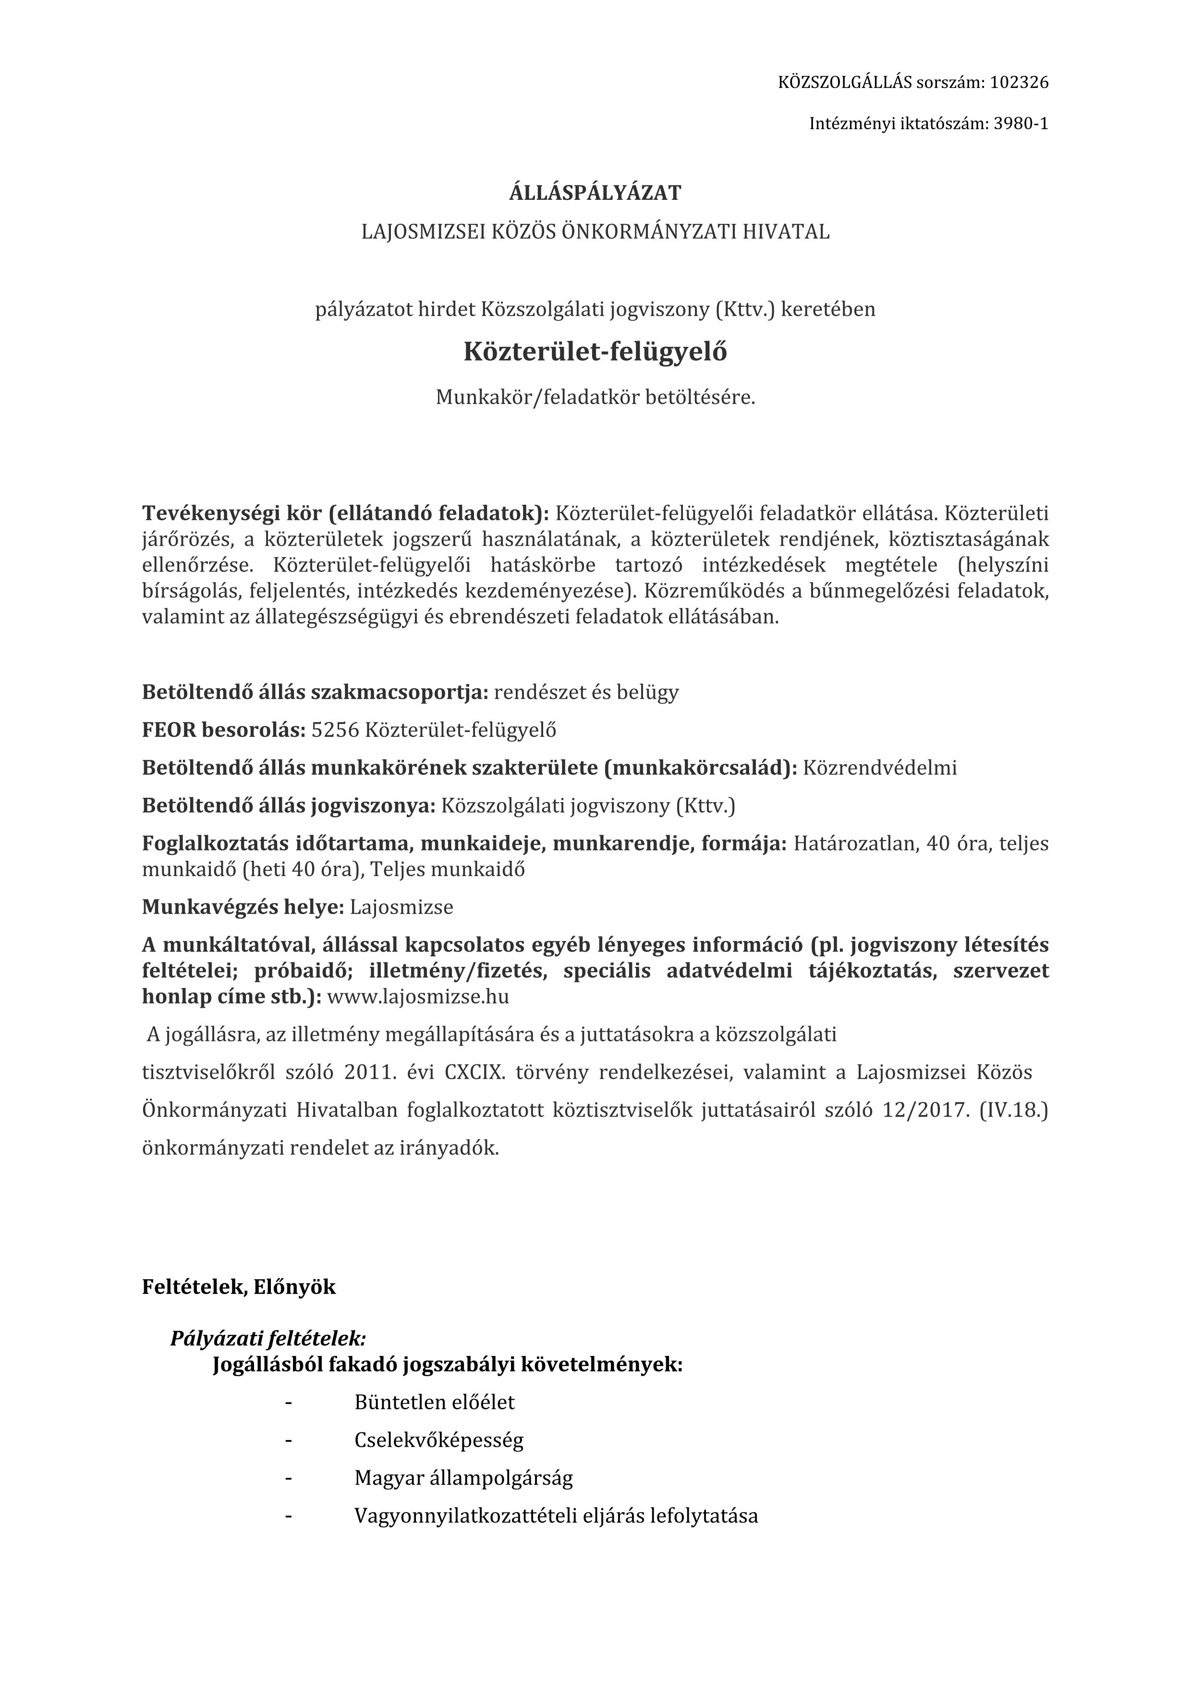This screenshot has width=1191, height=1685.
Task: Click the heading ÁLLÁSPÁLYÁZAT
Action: tap(595, 193)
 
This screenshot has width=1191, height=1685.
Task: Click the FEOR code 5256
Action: tap(335, 730)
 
